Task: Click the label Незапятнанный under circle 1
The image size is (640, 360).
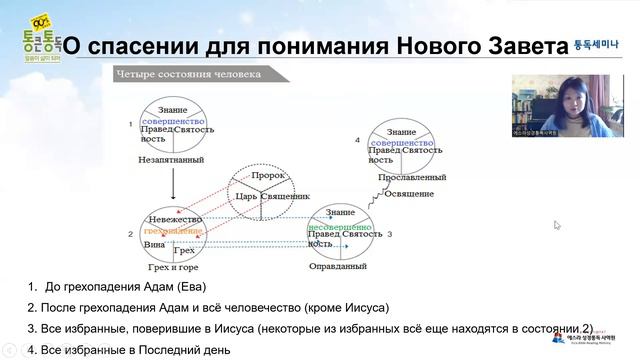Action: (x=171, y=158)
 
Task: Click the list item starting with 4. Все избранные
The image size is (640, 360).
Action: (x=130, y=349)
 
